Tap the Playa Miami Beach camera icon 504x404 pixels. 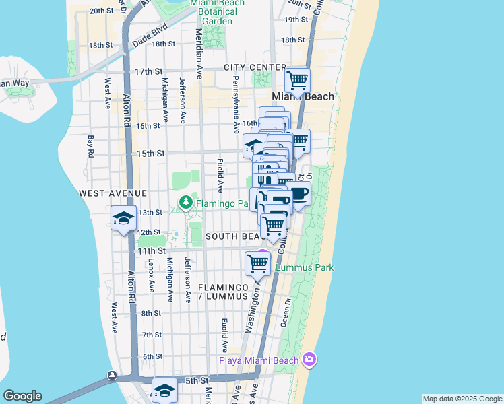pos(309,358)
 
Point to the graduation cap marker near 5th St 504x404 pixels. pos(164,391)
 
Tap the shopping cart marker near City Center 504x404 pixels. pos(297,81)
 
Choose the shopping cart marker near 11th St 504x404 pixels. pos(257,263)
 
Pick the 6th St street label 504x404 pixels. pos(153,356)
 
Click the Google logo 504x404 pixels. pos(22,396)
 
